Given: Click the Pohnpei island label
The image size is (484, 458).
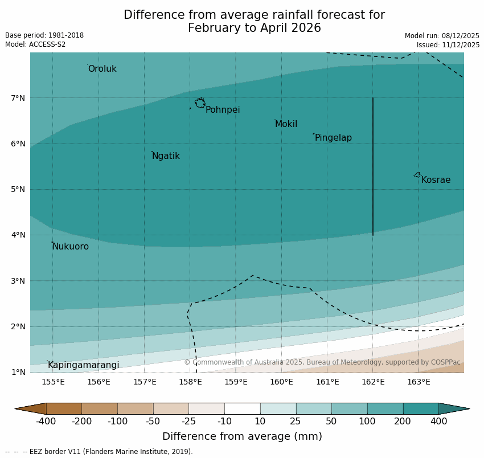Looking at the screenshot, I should (223, 110).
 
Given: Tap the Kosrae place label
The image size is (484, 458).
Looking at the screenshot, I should (436, 180).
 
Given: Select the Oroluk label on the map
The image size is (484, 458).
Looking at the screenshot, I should (102, 69).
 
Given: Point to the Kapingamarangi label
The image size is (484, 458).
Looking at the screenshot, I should (84, 365).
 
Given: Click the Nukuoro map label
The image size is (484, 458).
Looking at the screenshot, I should (71, 247).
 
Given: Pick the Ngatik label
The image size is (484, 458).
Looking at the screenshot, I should (166, 156).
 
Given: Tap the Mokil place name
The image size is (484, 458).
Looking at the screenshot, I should (286, 124).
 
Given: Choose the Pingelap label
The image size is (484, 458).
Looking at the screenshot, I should (333, 138).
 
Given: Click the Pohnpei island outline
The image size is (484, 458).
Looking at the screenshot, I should (200, 103).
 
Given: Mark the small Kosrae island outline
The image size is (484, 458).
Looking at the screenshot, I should (417, 175).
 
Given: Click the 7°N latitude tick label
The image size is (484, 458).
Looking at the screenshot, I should (18, 98).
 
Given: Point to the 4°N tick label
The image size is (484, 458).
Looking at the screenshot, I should (18, 235).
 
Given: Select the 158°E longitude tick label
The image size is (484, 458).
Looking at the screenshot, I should (190, 382).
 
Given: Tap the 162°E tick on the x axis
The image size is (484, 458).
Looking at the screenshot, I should (373, 382).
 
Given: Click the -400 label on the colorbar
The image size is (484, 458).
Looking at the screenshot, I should (46, 422).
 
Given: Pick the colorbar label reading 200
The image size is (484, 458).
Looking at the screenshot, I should (403, 422).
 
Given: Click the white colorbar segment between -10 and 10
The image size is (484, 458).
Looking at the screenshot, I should (242, 408).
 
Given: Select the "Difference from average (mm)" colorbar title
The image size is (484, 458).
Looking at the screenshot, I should (242, 437).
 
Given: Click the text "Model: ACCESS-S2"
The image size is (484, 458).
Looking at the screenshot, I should (35, 44).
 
